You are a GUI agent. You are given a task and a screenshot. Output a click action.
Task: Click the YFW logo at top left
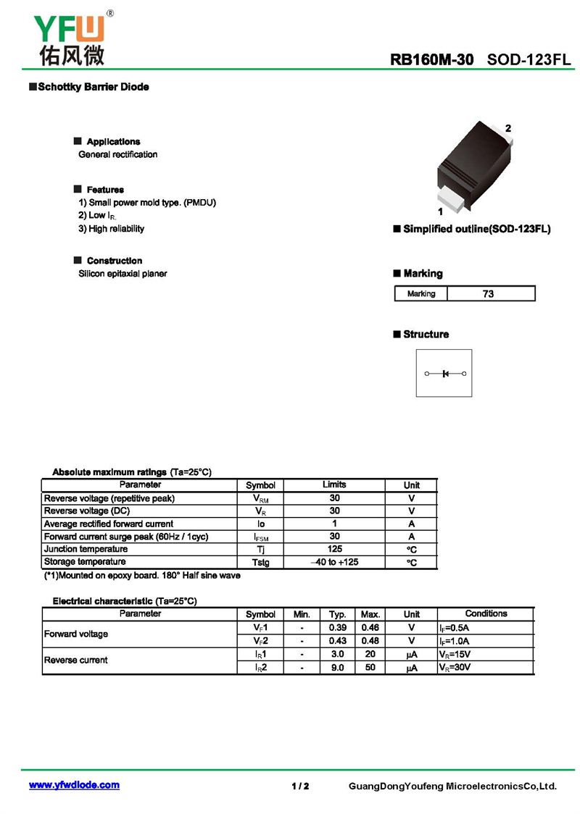70,37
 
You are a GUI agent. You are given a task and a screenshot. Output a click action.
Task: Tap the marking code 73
488,294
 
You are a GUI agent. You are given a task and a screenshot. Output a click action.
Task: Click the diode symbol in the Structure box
444,374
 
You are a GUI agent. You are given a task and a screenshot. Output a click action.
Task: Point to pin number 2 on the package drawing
508,128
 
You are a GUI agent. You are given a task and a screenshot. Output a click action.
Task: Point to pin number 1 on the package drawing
440,212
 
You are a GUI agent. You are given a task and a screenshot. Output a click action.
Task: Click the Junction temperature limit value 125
334,549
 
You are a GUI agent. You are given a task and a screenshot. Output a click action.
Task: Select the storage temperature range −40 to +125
334,562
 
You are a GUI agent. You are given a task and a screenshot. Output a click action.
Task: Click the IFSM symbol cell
260,537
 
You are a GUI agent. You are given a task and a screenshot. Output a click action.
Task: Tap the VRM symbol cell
260,498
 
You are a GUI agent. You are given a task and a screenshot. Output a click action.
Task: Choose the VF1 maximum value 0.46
370,627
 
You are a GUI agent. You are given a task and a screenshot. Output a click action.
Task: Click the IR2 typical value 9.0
337,667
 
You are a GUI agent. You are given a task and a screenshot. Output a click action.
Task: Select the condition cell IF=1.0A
455,641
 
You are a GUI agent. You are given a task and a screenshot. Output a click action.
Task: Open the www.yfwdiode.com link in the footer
74,785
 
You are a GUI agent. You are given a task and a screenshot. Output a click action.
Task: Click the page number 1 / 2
300,786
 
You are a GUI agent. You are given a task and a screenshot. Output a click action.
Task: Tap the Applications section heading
113,141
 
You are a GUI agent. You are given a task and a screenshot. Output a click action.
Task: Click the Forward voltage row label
76,634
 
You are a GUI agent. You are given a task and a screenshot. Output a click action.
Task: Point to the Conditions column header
486,613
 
